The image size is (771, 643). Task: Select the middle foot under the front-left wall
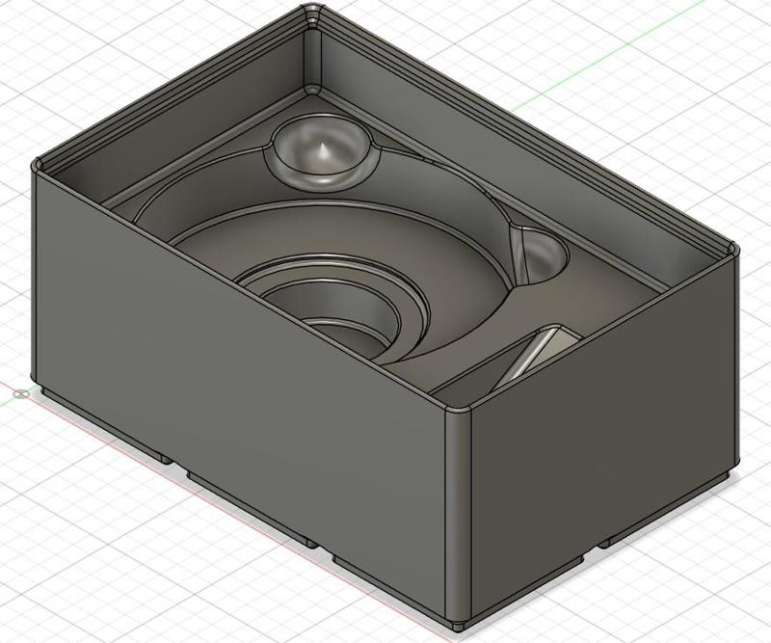coord(251,506)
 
